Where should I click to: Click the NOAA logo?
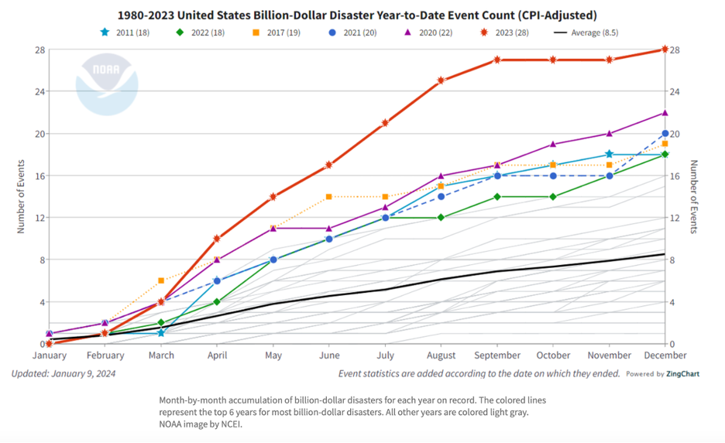pos(106,84)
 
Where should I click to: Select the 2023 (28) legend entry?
pos(508,33)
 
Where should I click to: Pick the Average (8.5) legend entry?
pos(587,33)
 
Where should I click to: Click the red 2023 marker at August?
pos(441,81)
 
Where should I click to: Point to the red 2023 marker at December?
pos(665,50)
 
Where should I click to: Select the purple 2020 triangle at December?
pos(665,113)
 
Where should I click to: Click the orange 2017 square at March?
pos(161,280)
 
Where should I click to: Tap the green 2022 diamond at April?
pos(217,302)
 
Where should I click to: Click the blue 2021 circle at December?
pos(665,134)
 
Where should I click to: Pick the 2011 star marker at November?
pos(610,155)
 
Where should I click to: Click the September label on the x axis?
pos(497,355)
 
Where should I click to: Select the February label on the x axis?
pos(105,355)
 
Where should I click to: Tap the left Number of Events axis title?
pos(21,197)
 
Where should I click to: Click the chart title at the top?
pos(356,15)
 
